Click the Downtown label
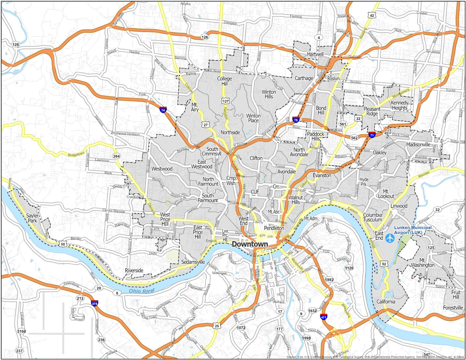pyautogui.click(x=250, y=244)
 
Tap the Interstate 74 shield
pyautogui.click(x=164, y=110)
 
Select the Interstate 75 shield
pyautogui.click(x=296, y=120)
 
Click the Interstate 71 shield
pyautogui.click(x=372, y=135)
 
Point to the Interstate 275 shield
pyautogui.click(x=94, y=303)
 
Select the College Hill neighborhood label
pyautogui.click(x=224, y=81)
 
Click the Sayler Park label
pyautogui.click(x=32, y=218)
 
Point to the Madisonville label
pyautogui.click(x=418, y=145)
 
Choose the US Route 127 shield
pyautogui.click(x=225, y=101)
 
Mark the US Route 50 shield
pyautogui.click(x=63, y=244)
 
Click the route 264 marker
pyautogui.click(x=116, y=156)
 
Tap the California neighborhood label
pyautogui.click(x=386, y=302)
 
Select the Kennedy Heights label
pyautogui.click(x=400, y=105)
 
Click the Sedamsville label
pyautogui.click(x=193, y=262)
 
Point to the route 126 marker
pyautogui.click(x=205, y=37)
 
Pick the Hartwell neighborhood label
pyautogui.click(x=315, y=54)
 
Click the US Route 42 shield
pyautogui.click(x=372, y=15)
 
